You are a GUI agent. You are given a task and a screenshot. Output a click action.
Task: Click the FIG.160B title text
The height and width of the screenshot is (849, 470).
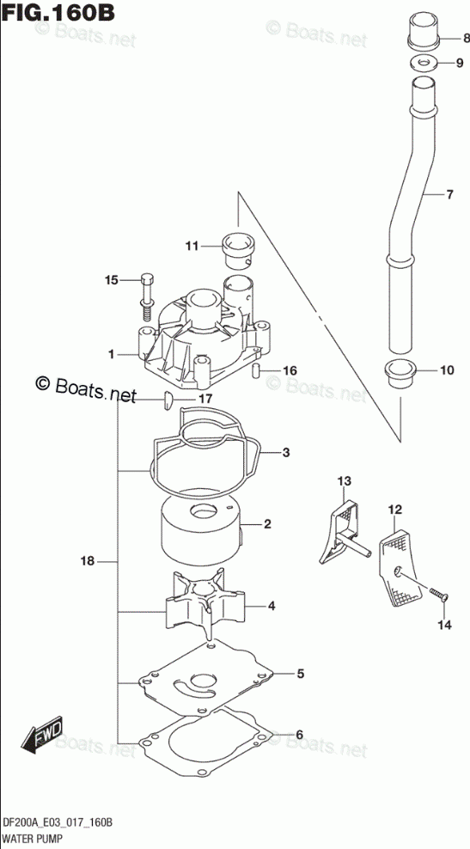click(x=58, y=11)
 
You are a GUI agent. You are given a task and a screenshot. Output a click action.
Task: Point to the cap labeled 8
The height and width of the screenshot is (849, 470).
click(x=423, y=33)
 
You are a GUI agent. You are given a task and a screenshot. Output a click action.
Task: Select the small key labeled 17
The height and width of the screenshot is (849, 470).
click(x=167, y=400)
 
